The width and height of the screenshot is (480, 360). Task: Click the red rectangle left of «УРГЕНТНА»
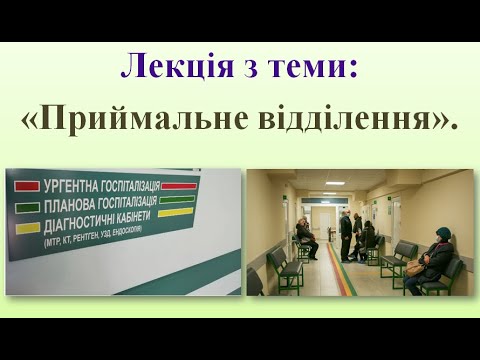tap(26, 186)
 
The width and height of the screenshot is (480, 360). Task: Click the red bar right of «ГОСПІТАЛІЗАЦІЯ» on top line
tap(179, 185)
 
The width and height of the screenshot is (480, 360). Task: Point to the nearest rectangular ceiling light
tap(334, 183)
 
